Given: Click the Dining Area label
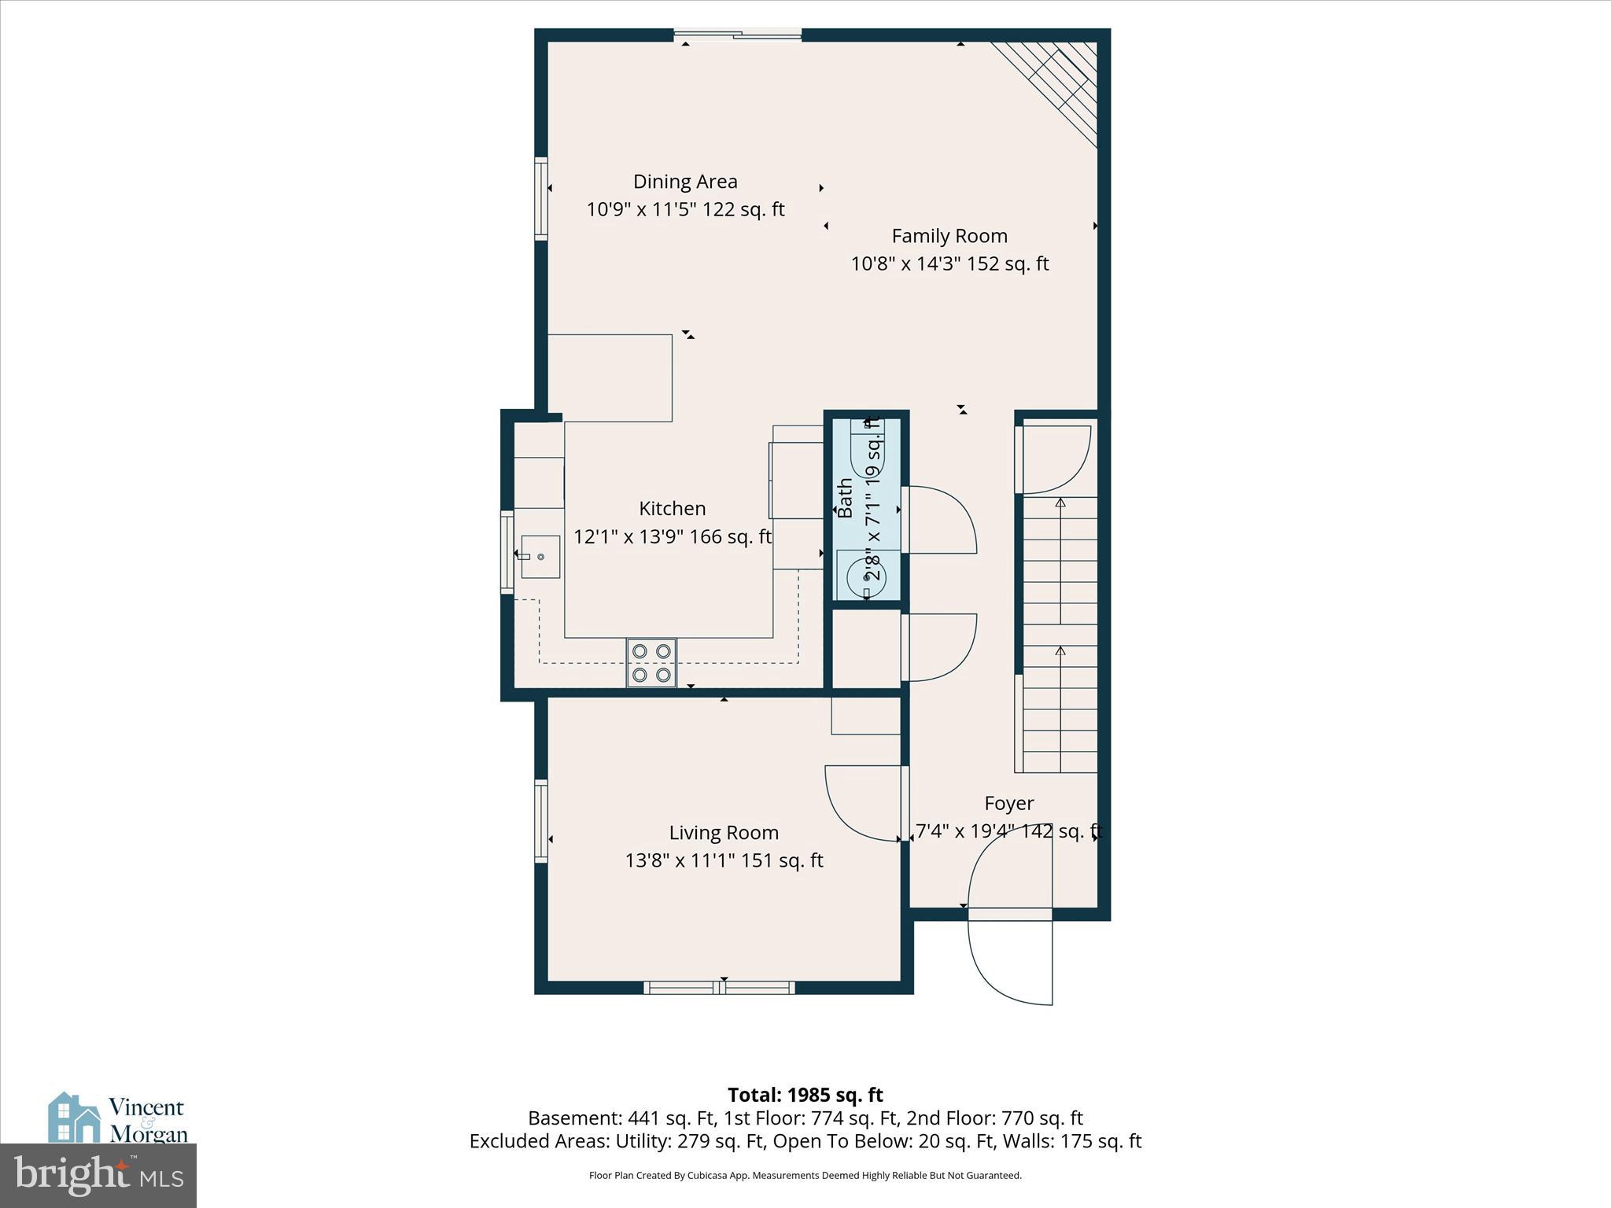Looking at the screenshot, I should [685, 182].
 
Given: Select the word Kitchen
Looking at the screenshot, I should [672, 509].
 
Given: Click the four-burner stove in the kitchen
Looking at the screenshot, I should [651, 663].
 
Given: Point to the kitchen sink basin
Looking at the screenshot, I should [540, 556].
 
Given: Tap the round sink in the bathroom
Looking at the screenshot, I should [866, 578].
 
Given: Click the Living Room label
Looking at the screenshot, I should [724, 833].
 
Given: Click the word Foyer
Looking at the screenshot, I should [1008, 804].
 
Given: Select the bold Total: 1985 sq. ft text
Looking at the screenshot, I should [805, 1095].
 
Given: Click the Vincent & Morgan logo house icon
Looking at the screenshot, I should [75, 1118].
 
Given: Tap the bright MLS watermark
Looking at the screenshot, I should [98, 1175].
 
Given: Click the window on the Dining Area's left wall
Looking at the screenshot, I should [541, 198].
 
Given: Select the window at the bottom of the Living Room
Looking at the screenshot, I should [719, 988].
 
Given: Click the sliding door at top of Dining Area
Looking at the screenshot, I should [738, 34].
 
